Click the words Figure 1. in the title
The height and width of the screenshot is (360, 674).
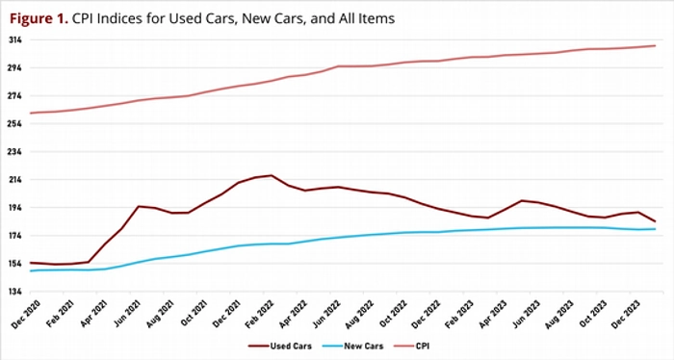click(39, 18)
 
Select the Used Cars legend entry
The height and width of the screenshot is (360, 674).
click(280, 346)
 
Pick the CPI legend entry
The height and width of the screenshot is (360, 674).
click(410, 346)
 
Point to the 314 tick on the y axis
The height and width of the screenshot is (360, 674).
click(15, 40)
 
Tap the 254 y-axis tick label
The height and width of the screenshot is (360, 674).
click(15, 124)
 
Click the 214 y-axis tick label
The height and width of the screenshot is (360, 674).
click(15, 180)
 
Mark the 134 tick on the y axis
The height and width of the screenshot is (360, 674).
click(15, 292)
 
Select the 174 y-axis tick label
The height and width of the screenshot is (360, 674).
click(15, 236)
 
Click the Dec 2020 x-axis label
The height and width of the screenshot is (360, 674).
click(25, 314)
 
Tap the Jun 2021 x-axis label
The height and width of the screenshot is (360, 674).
click(126, 314)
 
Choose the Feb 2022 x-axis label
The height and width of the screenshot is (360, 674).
click(259, 314)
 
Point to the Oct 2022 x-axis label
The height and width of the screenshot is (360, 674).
click(393, 314)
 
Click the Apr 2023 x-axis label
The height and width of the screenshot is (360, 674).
click(493, 314)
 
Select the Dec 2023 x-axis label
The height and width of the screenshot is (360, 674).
click(626, 314)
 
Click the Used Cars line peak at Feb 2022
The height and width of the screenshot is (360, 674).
click(272, 175)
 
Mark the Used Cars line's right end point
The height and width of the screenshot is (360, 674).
click(655, 221)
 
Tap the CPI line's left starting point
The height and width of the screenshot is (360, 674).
click(31, 113)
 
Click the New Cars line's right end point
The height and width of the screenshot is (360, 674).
click(655, 229)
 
